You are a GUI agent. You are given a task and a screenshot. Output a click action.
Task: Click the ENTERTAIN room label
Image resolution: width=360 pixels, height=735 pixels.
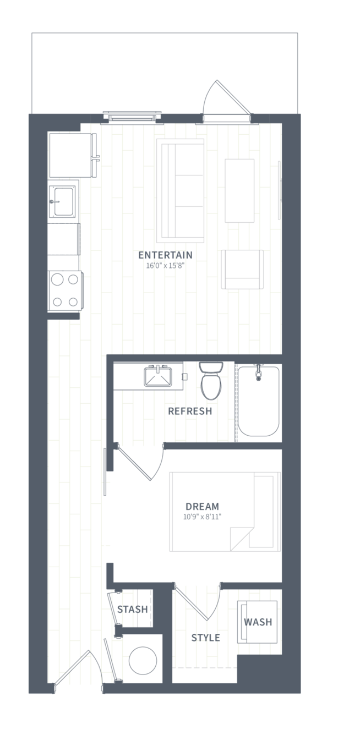[165, 255]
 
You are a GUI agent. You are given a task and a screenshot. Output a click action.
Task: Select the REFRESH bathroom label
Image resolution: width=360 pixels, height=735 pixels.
[190, 411]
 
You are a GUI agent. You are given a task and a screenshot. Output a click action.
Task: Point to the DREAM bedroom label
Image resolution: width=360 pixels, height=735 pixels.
[202, 506]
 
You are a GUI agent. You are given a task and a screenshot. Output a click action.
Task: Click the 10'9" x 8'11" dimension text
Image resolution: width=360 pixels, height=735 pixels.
[202, 517]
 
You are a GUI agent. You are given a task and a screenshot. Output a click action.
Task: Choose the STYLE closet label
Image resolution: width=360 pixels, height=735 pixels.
[206, 638]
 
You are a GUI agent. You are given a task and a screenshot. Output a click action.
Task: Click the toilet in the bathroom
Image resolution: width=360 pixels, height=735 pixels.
[211, 380]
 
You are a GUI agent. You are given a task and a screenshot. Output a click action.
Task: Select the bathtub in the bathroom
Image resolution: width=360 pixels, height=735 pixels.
[259, 401]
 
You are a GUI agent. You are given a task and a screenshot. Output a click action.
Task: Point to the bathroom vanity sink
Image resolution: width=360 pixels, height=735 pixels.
[158, 377]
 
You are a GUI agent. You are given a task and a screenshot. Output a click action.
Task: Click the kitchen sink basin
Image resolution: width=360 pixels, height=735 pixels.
[63, 201]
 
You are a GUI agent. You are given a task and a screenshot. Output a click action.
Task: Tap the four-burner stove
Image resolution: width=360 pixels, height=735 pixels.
[66, 290]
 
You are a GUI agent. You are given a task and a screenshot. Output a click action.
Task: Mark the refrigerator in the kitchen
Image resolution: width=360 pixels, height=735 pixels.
[72, 155]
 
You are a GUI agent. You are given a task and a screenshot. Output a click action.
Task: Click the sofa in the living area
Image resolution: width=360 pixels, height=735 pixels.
[180, 191]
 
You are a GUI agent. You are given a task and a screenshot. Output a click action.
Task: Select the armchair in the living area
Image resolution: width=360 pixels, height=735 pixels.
[242, 270]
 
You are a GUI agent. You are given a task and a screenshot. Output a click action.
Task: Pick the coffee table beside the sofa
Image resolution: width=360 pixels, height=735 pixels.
[239, 191]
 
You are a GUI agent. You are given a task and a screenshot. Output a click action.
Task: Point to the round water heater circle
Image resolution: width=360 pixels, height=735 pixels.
[143, 661]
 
